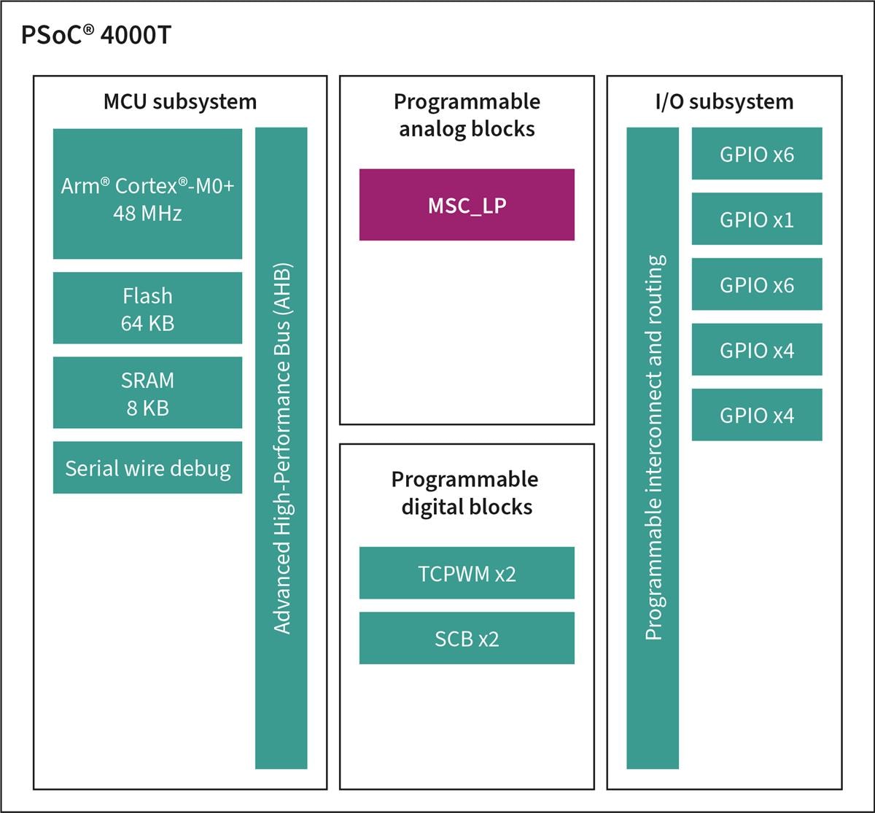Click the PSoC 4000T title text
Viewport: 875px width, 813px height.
click(x=97, y=35)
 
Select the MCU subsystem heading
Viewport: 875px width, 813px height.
click(x=179, y=101)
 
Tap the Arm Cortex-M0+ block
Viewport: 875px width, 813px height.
click(x=147, y=193)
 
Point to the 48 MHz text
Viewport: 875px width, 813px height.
click(x=147, y=214)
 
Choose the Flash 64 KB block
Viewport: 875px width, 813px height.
click(x=147, y=308)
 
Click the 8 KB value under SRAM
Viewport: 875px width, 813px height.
click(x=147, y=408)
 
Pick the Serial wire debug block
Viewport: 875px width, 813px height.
click(x=147, y=467)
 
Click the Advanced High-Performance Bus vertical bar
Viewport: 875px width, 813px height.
click(x=281, y=448)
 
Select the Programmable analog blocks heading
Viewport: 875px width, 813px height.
click(x=467, y=114)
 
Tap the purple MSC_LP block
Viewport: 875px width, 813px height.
click(x=467, y=205)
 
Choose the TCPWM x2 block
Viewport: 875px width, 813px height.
click(x=467, y=573)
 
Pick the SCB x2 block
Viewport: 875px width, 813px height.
click(x=467, y=638)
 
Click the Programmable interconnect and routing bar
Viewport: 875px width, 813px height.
click(x=653, y=448)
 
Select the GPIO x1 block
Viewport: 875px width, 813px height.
click(x=757, y=219)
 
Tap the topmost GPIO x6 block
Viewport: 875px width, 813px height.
click(x=757, y=154)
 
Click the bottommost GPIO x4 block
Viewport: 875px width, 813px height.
click(x=757, y=415)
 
